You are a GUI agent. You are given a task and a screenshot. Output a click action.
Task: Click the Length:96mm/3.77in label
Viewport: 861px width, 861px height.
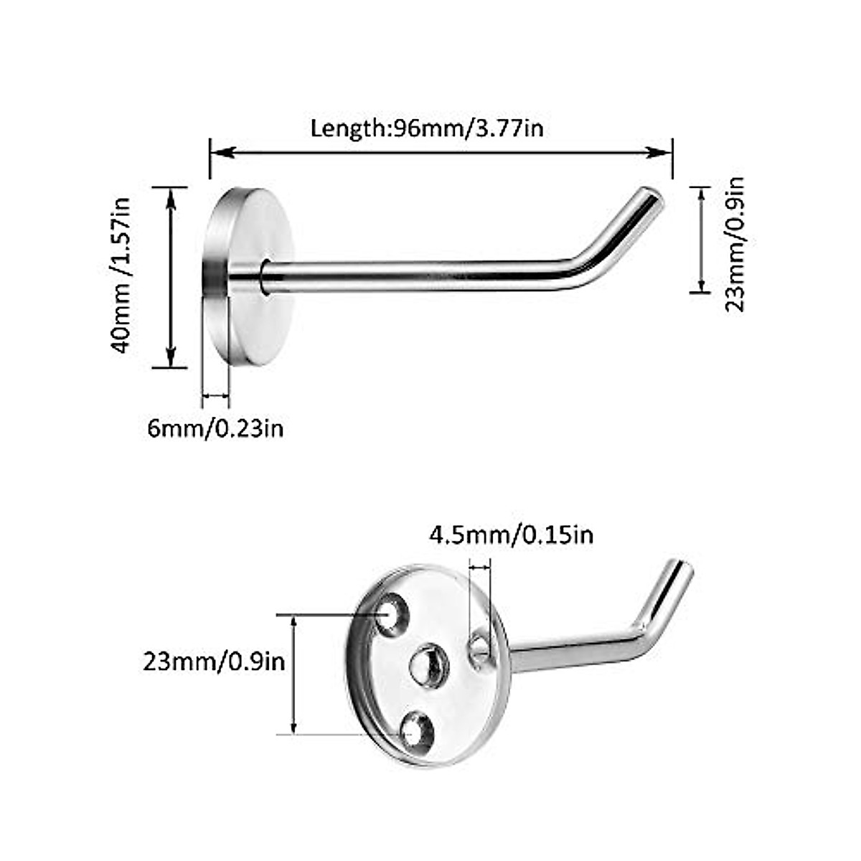click(426, 128)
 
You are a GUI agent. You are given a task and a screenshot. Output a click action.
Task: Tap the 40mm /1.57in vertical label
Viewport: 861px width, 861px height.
click(121, 276)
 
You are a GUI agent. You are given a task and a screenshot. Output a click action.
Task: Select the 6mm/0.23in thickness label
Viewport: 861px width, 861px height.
click(215, 428)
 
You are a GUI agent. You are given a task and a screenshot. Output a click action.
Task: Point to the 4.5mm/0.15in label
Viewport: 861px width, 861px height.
click(511, 535)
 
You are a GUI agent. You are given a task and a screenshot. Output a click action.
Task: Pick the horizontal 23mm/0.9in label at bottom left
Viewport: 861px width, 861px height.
click(214, 661)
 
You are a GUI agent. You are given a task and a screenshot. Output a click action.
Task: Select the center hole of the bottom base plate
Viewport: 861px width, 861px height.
click(429, 666)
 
